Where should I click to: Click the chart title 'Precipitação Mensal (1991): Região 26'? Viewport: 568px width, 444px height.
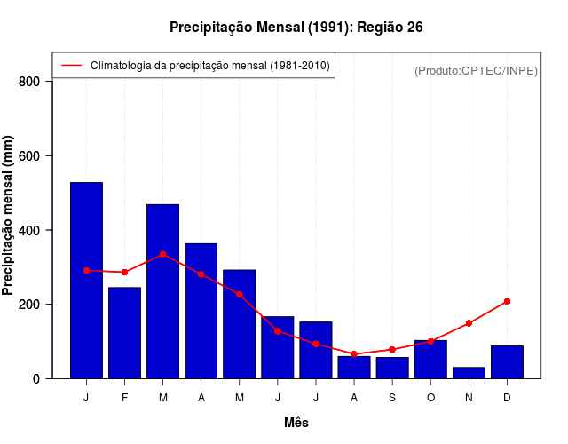[296, 28]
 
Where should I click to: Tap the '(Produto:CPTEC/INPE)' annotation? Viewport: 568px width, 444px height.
[476, 70]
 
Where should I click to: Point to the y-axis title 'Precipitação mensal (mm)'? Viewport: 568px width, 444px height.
[8, 216]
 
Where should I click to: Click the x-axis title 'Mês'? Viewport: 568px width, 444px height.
[296, 423]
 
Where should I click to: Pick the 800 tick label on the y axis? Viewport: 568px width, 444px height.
[29, 82]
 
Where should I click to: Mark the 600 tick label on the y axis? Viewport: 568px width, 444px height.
[29, 156]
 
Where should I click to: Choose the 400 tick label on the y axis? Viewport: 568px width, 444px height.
[29, 231]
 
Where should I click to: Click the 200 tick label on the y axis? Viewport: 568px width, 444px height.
[29, 305]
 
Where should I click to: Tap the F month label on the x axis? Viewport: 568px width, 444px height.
[124, 398]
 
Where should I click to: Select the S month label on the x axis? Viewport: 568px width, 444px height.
[392, 398]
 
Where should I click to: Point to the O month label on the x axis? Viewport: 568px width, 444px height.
[430, 398]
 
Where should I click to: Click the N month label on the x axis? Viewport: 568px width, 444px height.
[469, 398]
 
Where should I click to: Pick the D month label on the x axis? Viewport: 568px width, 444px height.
[507, 398]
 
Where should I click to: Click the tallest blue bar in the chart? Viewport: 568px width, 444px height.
[86, 280]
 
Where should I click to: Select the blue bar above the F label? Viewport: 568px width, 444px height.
[124, 333]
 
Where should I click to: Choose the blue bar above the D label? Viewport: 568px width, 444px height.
[507, 361]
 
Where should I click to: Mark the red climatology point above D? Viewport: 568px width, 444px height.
[507, 302]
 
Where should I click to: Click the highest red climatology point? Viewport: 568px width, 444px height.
[162, 254]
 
